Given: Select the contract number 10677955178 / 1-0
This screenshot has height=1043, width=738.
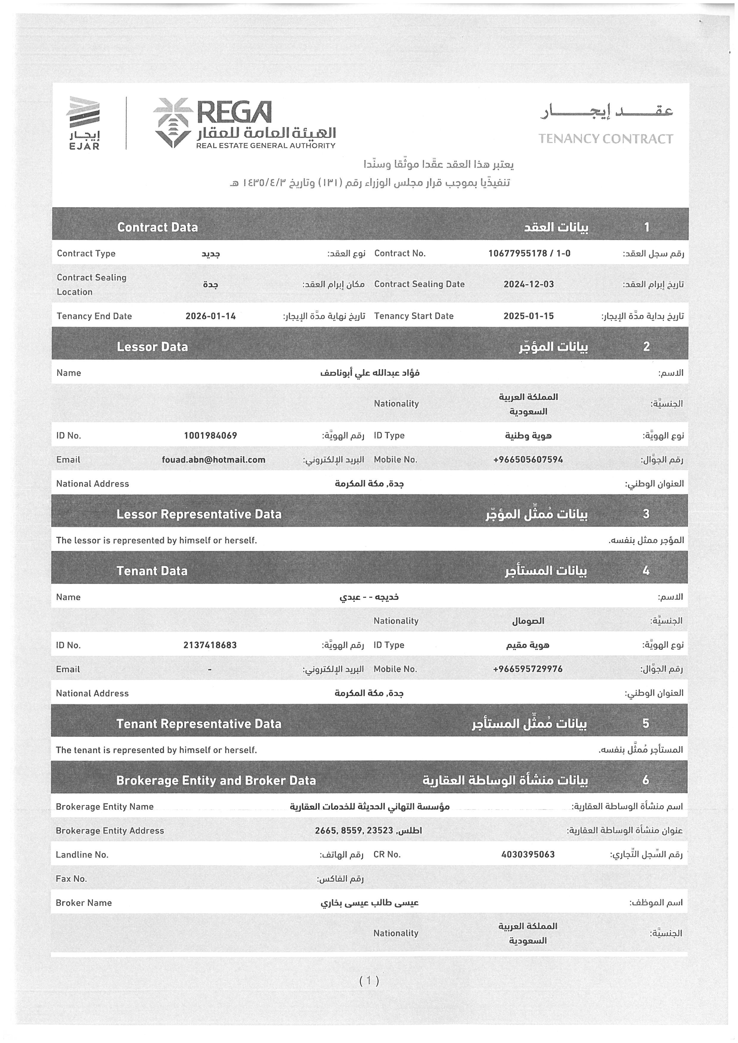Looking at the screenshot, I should coord(529,253).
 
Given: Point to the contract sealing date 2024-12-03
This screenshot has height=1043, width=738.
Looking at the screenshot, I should coord(529,284).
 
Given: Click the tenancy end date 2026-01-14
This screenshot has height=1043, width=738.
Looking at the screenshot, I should coord(210,316).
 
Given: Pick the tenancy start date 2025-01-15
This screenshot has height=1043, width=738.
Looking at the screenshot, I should coord(529,316).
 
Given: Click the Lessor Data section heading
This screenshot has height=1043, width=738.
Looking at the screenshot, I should coord(152,346).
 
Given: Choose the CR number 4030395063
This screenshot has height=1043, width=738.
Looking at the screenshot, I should coord(528,854).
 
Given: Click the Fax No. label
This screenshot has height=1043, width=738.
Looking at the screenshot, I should coord(71,879).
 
